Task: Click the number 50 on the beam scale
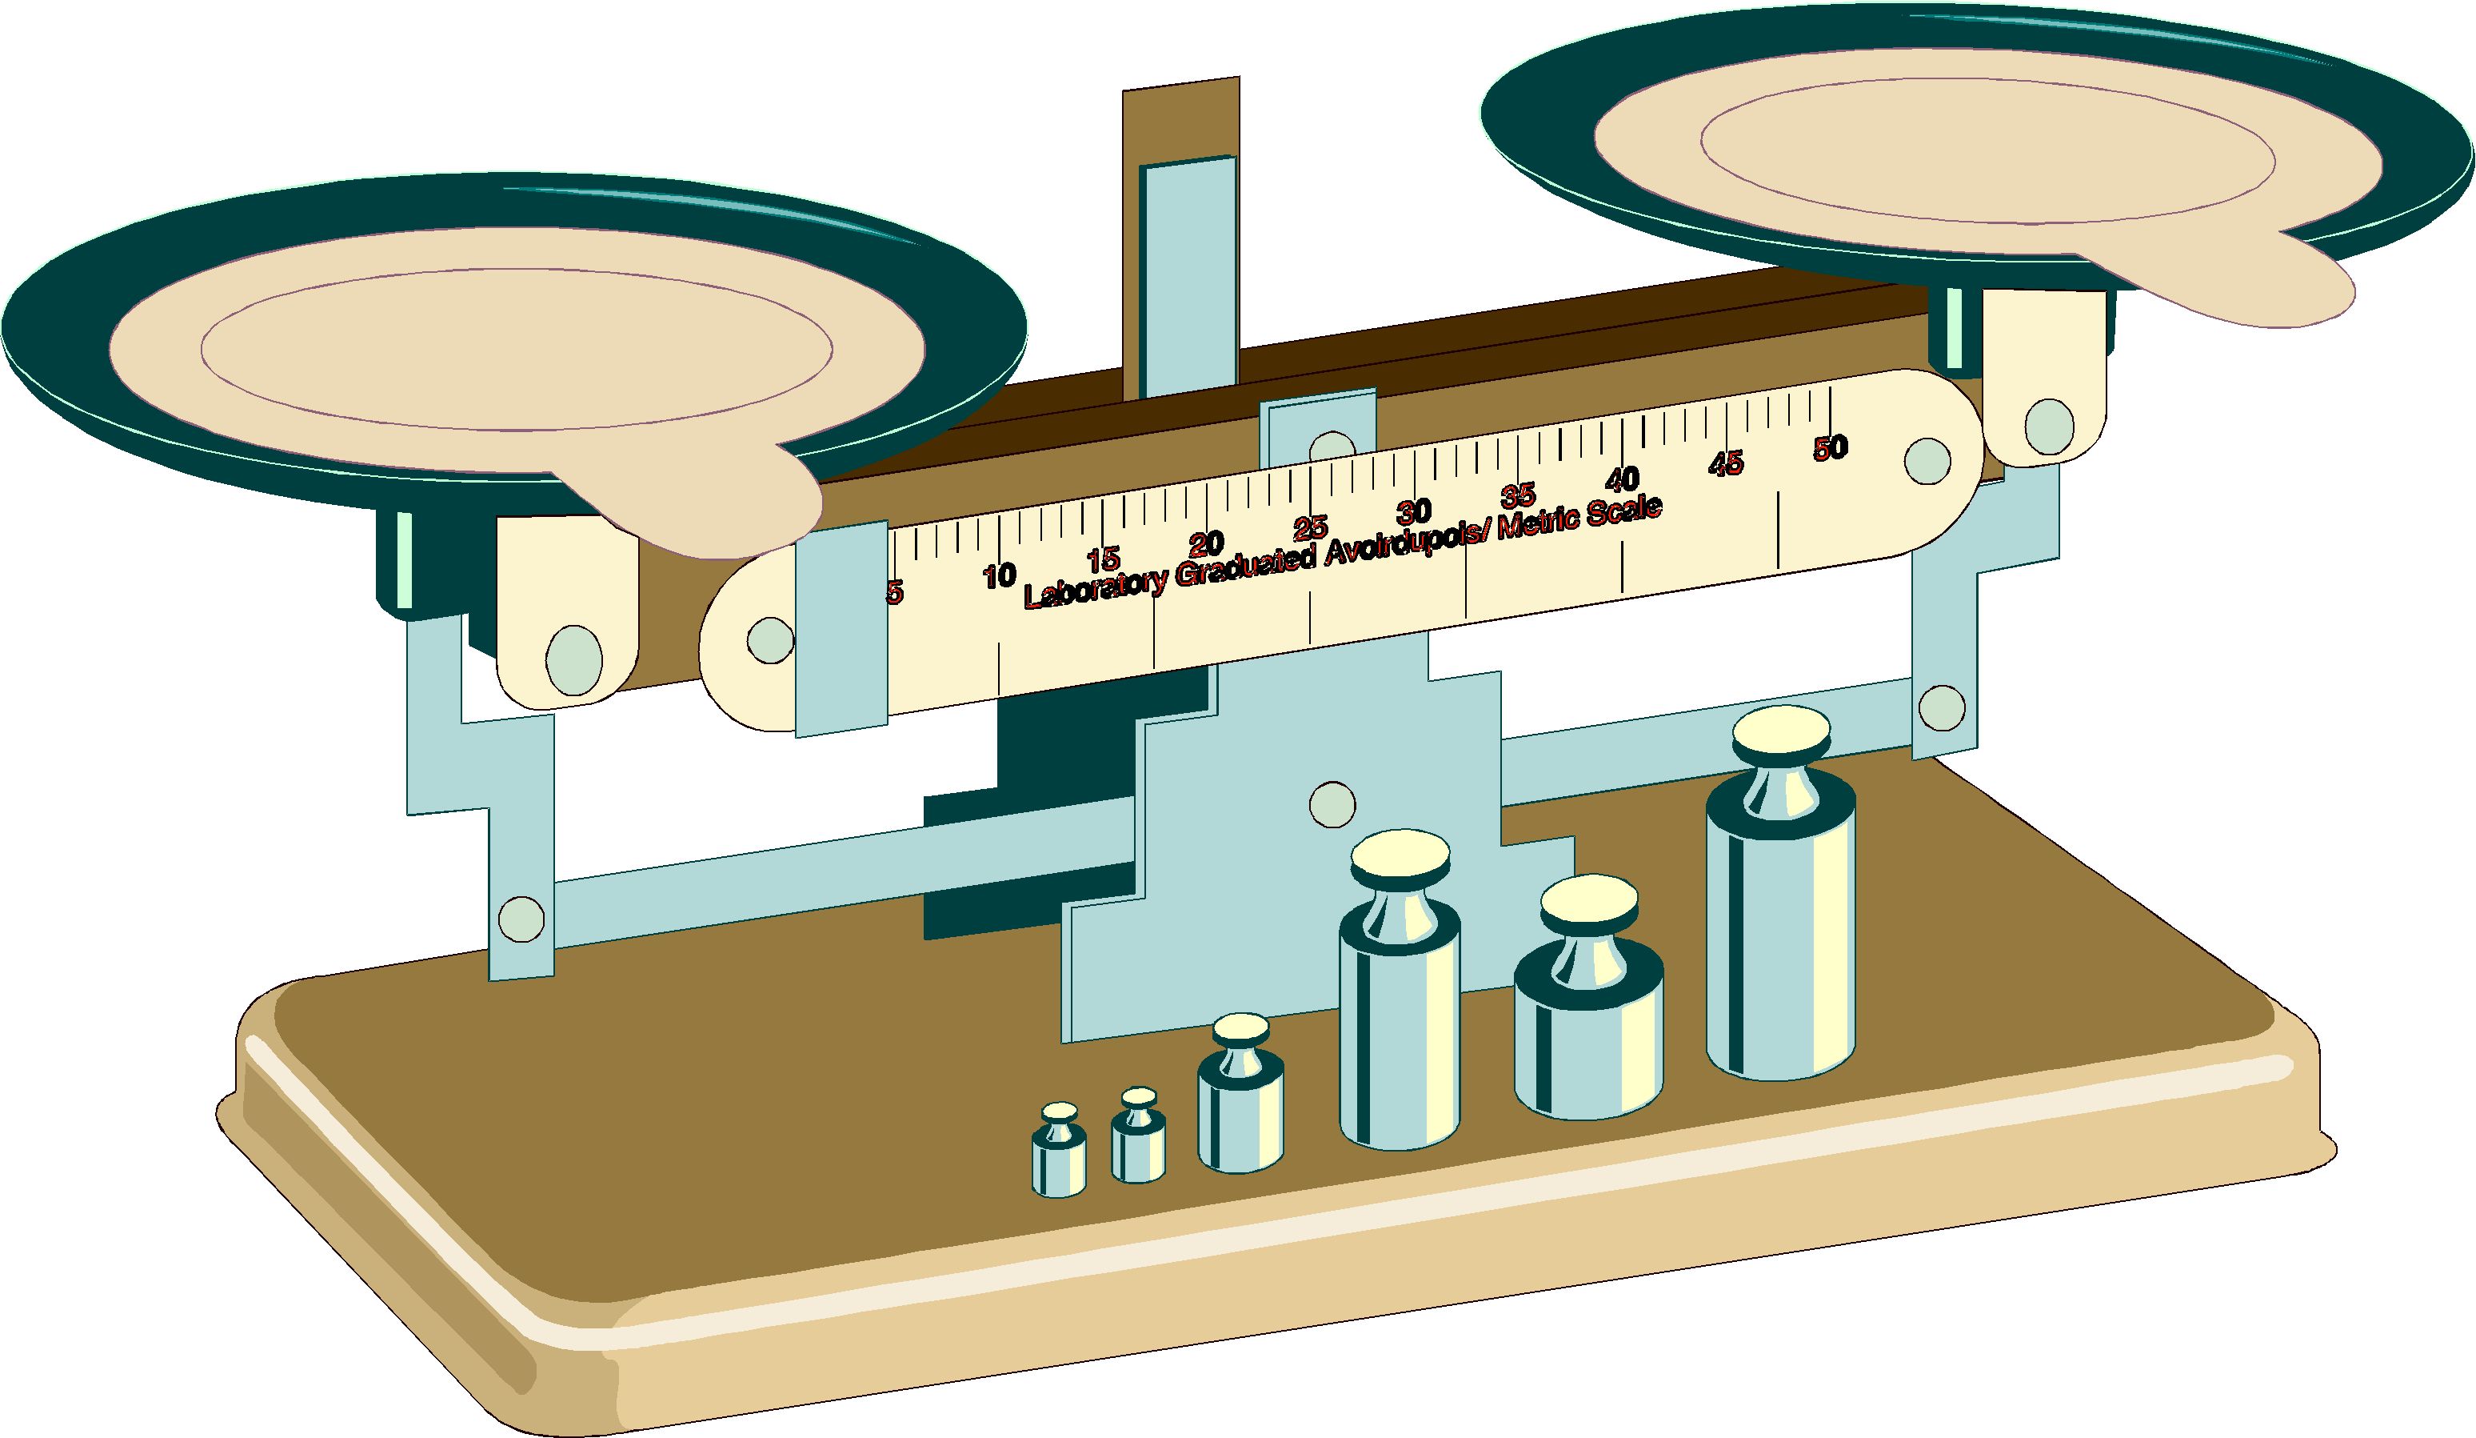1831,448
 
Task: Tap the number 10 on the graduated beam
999,575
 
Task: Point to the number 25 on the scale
1311,528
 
